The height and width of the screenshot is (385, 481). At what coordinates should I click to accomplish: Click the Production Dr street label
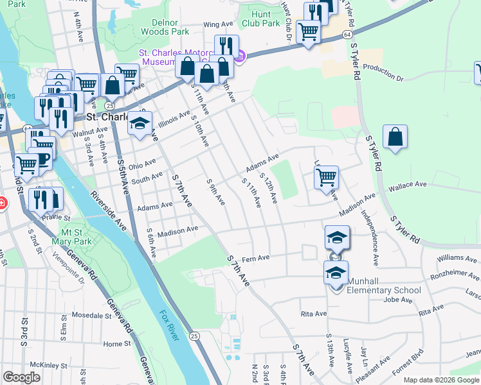click(383, 73)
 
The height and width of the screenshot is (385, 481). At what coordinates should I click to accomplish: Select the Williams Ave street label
click(457, 258)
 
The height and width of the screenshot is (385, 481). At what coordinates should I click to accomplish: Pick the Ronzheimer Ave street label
click(455, 276)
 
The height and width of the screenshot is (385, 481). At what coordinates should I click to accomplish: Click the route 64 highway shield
click(347, 33)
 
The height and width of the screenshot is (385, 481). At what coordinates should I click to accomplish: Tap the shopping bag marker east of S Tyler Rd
click(395, 137)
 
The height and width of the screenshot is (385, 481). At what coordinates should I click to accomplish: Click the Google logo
click(21, 377)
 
